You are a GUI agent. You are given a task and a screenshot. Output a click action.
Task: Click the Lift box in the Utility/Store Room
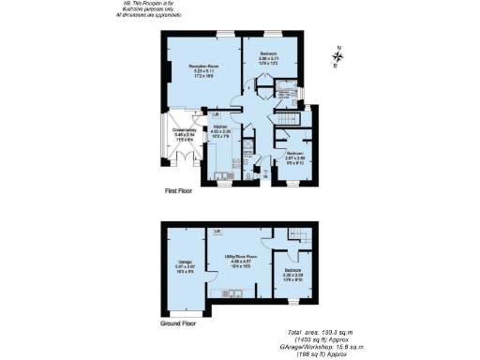(x=217, y=231)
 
